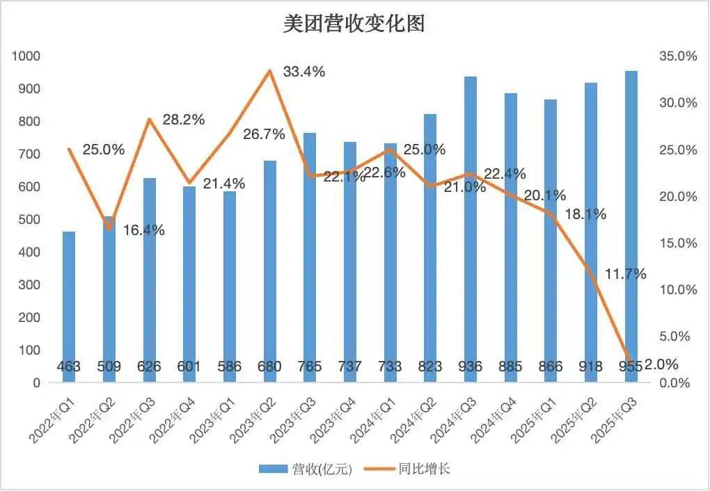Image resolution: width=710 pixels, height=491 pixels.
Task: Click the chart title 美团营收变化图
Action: click(x=354, y=24)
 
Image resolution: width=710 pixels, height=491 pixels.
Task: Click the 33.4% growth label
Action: click(x=304, y=72)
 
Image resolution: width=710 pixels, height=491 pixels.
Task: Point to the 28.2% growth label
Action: click(x=184, y=120)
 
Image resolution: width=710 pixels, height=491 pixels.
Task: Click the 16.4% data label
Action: click(x=144, y=230)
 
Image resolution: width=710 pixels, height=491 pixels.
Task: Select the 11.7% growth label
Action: click(x=625, y=274)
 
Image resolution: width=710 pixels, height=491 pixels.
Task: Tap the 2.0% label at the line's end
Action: click(x=661, y=364)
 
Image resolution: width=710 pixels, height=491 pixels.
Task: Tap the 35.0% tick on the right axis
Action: click(x=677, y=56)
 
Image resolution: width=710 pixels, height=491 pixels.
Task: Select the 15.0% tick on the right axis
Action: click(x=677, y=243)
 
